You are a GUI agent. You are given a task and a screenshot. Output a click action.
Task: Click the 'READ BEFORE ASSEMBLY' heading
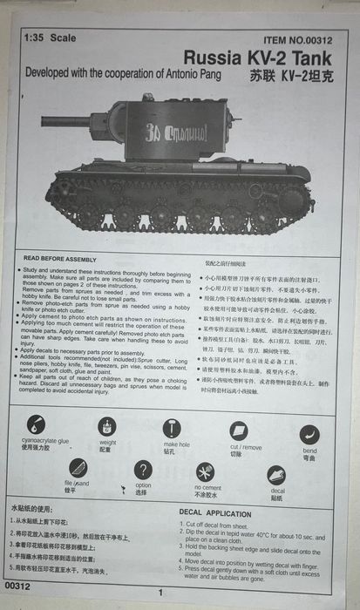coord(60,259)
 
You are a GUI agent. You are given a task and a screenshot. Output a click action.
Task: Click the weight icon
coord(106,425)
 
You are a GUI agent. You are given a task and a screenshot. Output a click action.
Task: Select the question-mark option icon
coord(143,470)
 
